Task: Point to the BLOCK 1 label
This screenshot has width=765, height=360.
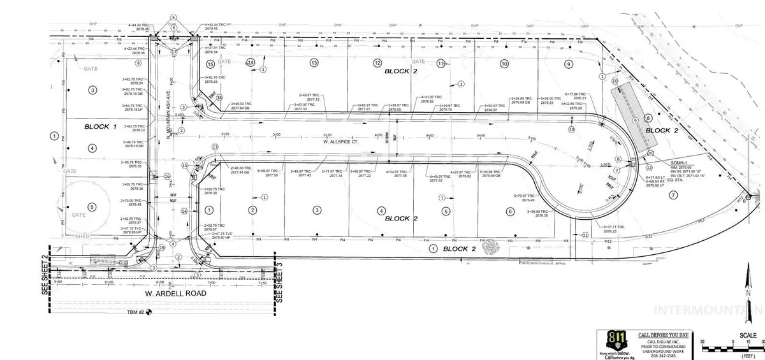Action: (101, 127)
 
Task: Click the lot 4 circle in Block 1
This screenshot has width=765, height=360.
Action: (92, 148)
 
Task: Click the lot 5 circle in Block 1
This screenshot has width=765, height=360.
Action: (92, 206)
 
